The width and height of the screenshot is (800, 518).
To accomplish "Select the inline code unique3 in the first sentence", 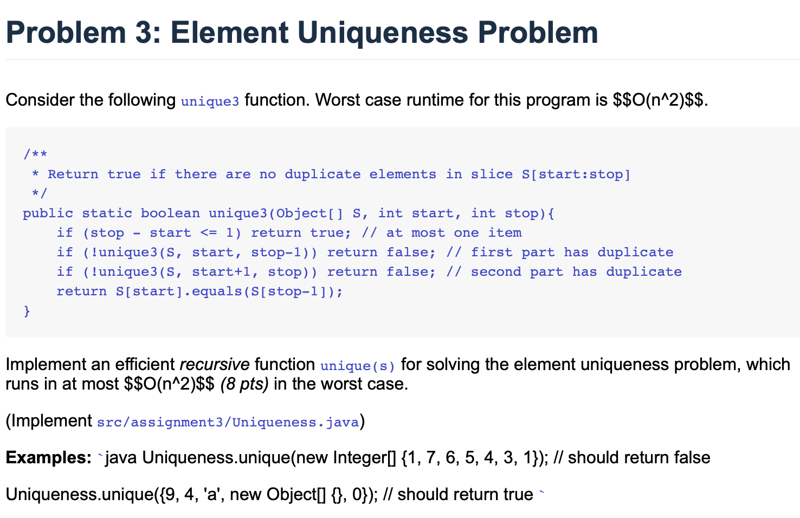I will coord(210,101).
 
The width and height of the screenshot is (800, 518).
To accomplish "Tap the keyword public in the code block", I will coord(48,213).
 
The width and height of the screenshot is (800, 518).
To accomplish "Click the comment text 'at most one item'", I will coord(454,233).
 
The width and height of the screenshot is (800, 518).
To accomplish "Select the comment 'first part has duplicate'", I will coord(572,252).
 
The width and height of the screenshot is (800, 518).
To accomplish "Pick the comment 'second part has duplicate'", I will coord(576,272).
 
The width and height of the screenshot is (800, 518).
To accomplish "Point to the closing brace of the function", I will coord(27,311).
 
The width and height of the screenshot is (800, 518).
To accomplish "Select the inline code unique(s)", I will coord(358,366).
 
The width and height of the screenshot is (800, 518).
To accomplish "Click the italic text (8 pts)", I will coord(244,384).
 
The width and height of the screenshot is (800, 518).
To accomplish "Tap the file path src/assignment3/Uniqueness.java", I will coord(228,422).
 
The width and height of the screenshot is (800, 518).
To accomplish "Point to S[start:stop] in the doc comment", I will coord(576,174).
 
